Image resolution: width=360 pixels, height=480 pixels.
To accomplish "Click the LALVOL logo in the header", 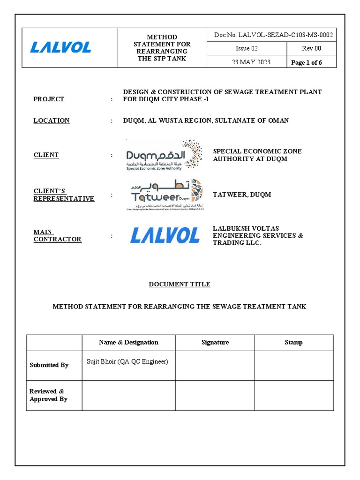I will pyautogui.click(x=61, y=47).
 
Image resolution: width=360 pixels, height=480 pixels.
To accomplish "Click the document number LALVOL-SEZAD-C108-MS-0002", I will pyautogui.click(x=274, y=35).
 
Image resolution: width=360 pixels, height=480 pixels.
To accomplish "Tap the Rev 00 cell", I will pyautogui.click(x=311, y=48).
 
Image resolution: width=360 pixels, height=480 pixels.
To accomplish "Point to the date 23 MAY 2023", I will pyautogui.click(x=251, y=62).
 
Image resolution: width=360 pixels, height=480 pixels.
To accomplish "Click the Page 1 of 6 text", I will pyautogui.click(x=307, y=63).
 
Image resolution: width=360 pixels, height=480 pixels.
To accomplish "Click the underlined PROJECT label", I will pyautogui.click(x=49, y=99).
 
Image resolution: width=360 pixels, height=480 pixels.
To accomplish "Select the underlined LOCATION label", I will pyautogui.click(x=52, y=120).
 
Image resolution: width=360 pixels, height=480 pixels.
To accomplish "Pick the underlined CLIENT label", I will pyautogui.click(x=46, y=155).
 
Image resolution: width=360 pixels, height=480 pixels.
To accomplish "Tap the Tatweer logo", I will pyautogui.click(x=165, y=195).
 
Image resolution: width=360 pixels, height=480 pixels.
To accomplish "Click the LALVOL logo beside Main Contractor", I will pyautogui.click(x=165, y=235).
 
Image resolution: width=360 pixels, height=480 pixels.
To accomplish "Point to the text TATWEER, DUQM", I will pyautogui.click(x=242, y=195).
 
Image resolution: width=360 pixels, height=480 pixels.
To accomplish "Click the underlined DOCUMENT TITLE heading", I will pyautogui.click(x=180, y=284).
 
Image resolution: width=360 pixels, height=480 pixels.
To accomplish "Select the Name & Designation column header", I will pyautogui.click(x=128, y=342).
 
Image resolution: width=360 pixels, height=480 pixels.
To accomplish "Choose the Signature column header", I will pyautogui.click(x=215, y=342).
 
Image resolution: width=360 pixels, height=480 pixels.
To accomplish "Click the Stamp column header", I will pyautogui.click(x=293, y=342).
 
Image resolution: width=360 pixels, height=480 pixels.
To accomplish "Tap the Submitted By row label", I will pyautogui.click(x=49, y=365).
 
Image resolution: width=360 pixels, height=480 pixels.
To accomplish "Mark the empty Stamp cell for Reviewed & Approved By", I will pyautogui.click(x=294, y=395).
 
